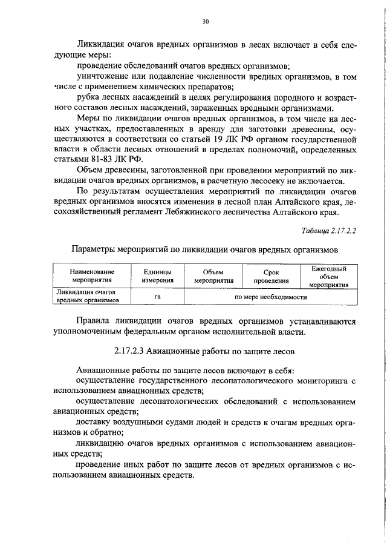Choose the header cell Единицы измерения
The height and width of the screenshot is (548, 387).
[158, 277]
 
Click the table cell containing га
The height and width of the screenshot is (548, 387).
[158, 297]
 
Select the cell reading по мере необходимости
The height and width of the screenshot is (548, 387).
[270, 297]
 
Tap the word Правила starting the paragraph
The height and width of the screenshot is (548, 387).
[94, 321]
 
